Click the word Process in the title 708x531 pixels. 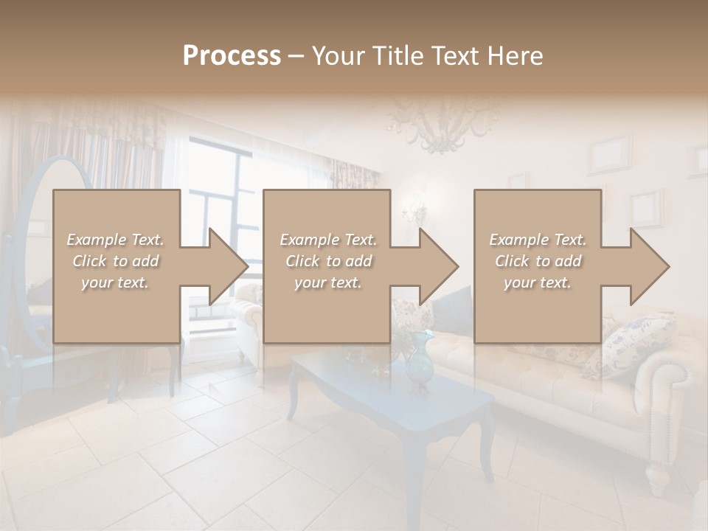[232, 56]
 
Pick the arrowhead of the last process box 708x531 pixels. [648, 266]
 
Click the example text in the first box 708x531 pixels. [116, 261]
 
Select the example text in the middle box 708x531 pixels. [328, 261]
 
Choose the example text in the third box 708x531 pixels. [538, 261]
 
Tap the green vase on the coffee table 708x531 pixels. [418, 361]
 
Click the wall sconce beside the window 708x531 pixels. [415, 210]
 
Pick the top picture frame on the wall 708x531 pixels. [609, 153]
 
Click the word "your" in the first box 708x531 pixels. [96, 282]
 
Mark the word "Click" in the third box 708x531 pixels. [512, 261]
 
